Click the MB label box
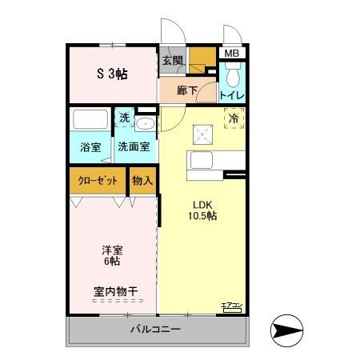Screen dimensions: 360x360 (x=231, y=54)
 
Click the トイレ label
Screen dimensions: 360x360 (x=232, y=94)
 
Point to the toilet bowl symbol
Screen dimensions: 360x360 (x=232, y=75)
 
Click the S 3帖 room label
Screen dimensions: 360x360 (x=113, y=74)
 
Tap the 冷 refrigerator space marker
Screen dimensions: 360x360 (x=234, y=118)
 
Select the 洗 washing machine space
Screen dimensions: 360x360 (x=124, y=118)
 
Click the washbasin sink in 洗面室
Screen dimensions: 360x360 (x=146, y=124)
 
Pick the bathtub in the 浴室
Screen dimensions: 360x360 (x=90, y=120)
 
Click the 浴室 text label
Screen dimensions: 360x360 (x=90, y=146)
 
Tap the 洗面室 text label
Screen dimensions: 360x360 (x=134, y=146)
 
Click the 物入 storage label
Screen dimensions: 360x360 (x=142, y=180)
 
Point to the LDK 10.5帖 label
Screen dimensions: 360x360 (x=203, y=210)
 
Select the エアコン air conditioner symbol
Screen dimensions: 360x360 (x=231, y=306)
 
